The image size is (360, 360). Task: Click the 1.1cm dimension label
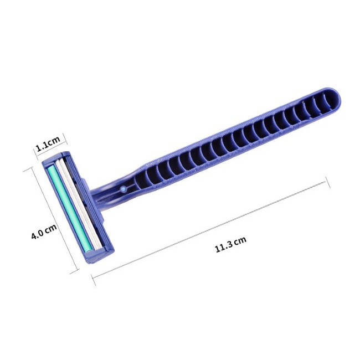tap(48, 143)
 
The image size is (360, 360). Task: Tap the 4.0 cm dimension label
tap(44, 232)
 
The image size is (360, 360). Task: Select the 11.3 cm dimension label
tap(230, 244)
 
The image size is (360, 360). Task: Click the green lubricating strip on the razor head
tap(70, 209)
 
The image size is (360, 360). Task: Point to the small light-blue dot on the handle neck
tap(124, 189)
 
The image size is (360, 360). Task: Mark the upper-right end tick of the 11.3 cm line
tap(328, 183)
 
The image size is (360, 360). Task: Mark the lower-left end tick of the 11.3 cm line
tap(94, 280)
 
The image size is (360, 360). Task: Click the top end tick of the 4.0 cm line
tap(29, 170)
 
